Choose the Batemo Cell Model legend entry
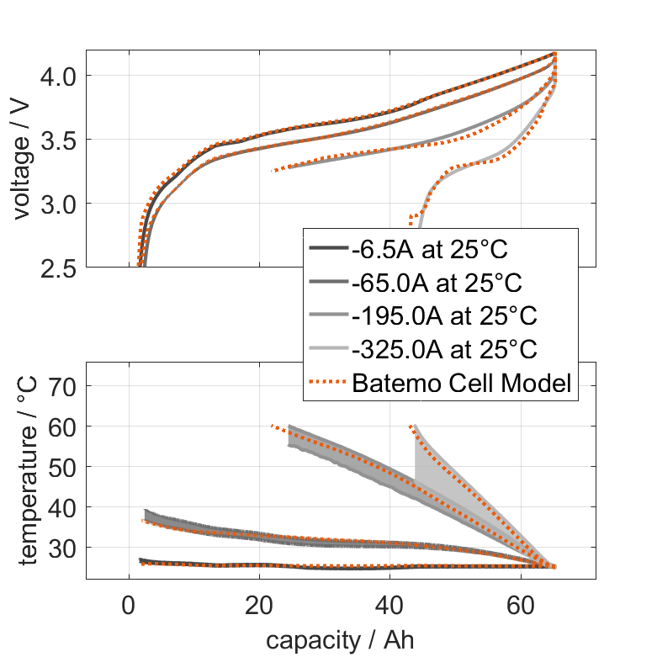[x=462, y=384]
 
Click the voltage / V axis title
[x=23, y=160]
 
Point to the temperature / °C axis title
[x=23, y=471]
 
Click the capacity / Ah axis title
[x=341, y=640]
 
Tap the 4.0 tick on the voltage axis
[x=58, y=76]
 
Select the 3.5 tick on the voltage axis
[x=58, y=140]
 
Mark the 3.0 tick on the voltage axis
[x=58, y=204]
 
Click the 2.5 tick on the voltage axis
[x=58, y=268]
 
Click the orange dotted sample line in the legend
[x=327, y=384]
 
